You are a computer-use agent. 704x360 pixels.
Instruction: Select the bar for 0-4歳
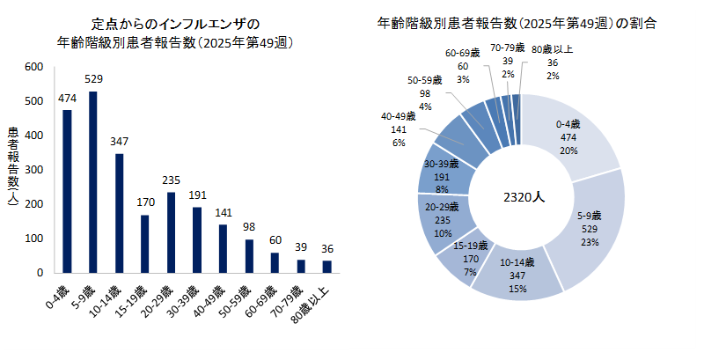pos(67,191)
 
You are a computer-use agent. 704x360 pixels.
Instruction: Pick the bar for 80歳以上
pos(327,266)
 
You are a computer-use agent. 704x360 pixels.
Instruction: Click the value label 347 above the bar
pos(119,141)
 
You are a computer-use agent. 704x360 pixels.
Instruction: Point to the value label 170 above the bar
pos(145,202)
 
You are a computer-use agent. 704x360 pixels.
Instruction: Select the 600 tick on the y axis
pos(33,67)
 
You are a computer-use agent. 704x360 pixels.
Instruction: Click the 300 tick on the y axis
pos(33,170)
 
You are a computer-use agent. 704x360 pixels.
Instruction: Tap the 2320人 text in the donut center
pos(520,196)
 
